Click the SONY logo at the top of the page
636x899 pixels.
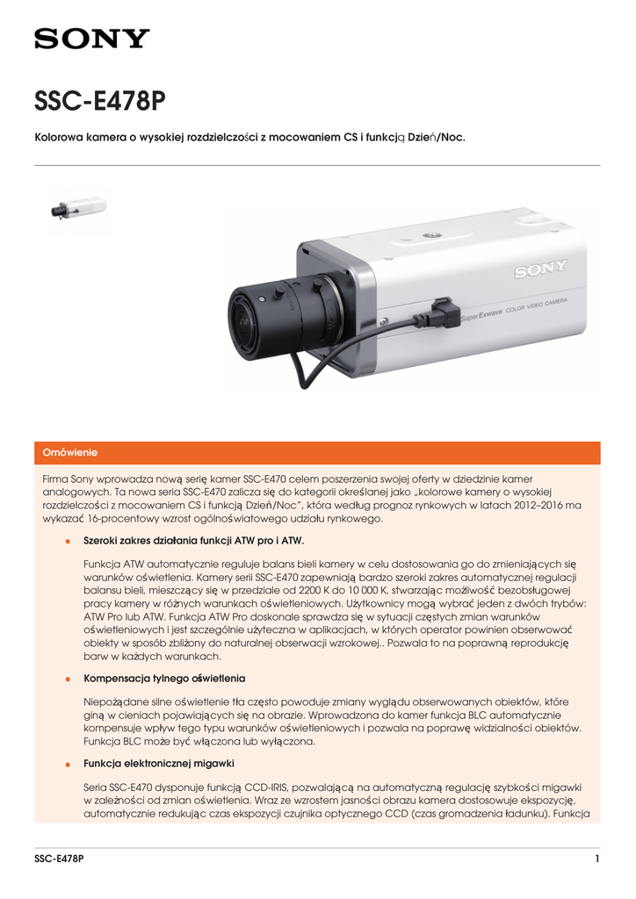[x=92, y=39]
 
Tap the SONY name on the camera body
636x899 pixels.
[x=540, y=269]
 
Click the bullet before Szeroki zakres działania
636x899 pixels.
[x=68, y=541]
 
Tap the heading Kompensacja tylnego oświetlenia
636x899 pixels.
[x=164, y=680]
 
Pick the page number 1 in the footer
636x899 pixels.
[x=596, y=859]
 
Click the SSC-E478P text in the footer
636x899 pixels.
[x=59, y=859]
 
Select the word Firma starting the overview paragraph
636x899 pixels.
[x=57, y=478]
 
